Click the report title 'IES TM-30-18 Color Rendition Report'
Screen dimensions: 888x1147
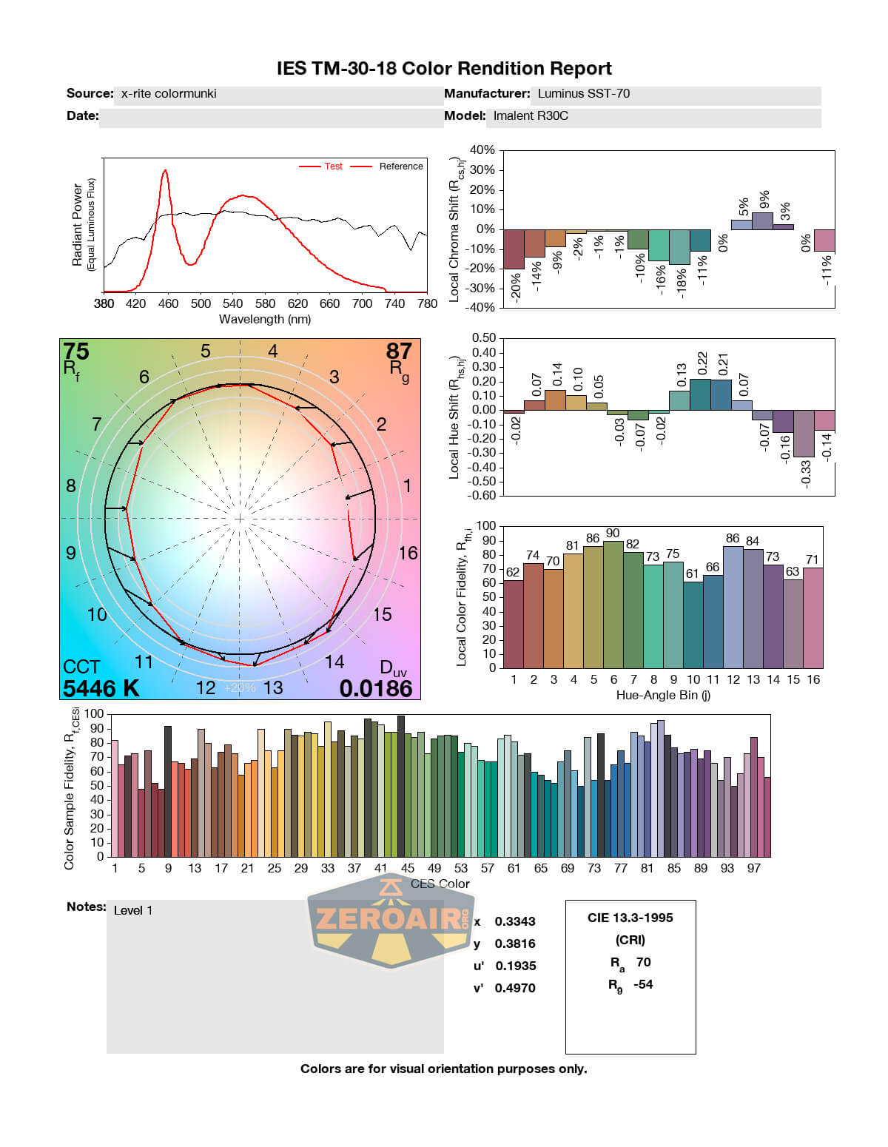coord(444,69)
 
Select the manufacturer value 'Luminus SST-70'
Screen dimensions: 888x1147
coord(584,93)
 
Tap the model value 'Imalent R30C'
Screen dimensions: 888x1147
coord(531,115)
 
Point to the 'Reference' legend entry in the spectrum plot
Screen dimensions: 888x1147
coord(401,166)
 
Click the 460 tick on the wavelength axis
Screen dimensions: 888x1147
coord(168,303)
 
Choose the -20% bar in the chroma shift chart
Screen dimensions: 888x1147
coord(514,249)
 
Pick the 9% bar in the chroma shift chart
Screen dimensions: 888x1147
coord(762,221)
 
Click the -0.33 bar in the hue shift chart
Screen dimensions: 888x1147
coord(804,434)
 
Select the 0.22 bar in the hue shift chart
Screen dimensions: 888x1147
coord(700,394)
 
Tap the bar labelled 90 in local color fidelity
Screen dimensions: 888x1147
coord(613,605)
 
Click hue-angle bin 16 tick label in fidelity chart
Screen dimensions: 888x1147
coord(813,680)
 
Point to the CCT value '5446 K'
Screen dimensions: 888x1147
coord(101,688)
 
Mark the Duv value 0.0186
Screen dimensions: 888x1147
coord(376,688)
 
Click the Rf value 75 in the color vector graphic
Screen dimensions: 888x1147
coord(76,351)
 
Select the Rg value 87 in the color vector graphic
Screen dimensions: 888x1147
coord(399,351)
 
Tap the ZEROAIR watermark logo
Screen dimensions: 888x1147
coord(391,920)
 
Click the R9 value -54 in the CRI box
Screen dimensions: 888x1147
coord(643,984)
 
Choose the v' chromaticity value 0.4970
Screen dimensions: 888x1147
coord(515,988)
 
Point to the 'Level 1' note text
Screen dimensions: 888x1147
coord(133,910)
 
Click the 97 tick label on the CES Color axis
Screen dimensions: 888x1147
coord(753,868)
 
